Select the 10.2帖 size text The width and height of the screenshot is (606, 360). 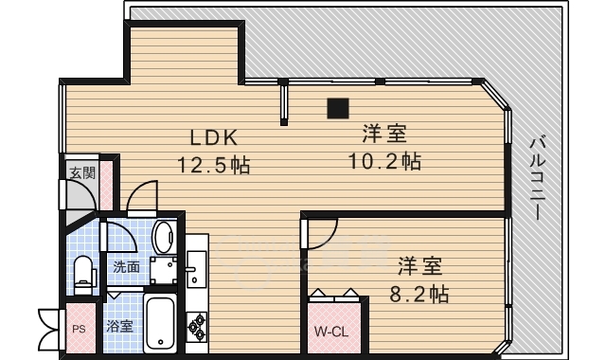point(384,160)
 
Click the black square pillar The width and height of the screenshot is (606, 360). point(336,107)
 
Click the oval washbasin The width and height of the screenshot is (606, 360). point(165,234)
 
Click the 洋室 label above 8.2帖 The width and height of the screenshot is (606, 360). point(418,265)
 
